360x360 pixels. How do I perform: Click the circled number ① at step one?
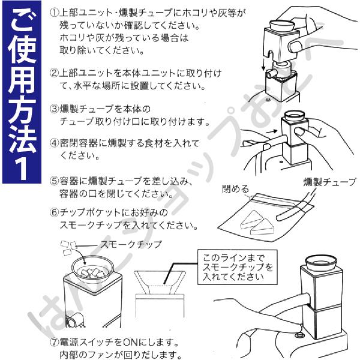(x=54, y=12)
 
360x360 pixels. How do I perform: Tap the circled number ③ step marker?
(x=54, y=109)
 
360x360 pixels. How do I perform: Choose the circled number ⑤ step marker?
(x=54, y=181)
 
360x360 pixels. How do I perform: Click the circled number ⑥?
(x=54, y=212)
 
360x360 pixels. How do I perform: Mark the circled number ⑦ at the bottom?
(x=54, y=343)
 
